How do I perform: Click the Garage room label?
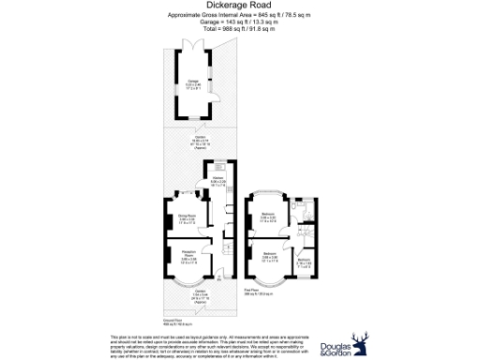click(x=191, y=82)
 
